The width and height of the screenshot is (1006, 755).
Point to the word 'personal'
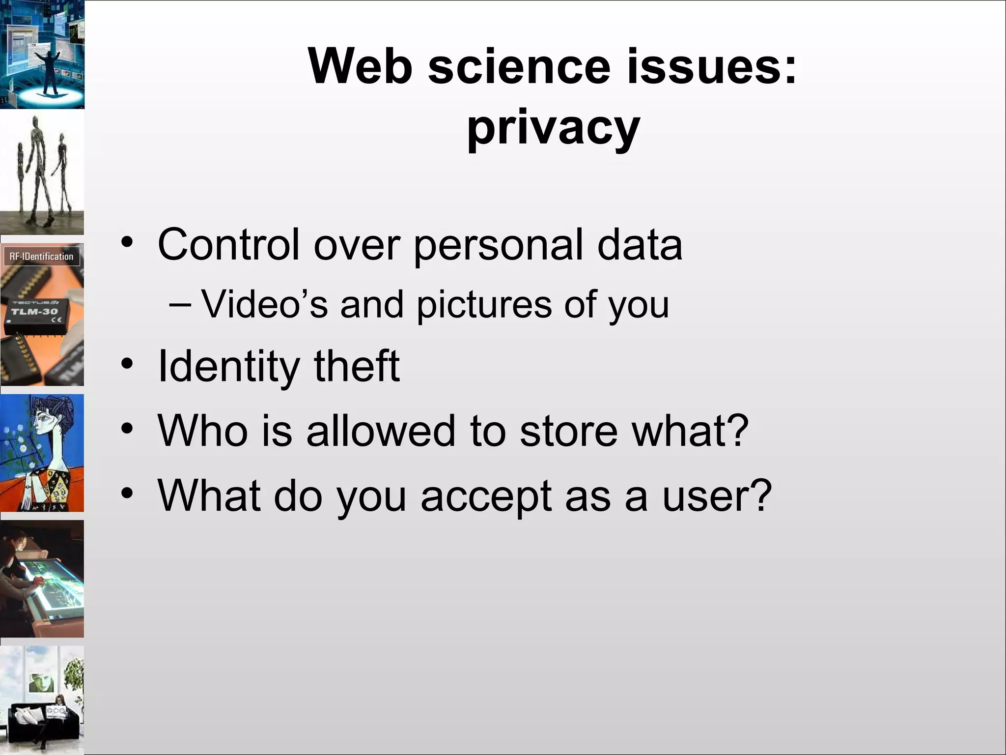[x=499, y=245]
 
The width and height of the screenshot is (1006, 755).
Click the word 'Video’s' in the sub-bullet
[x=264, y=304]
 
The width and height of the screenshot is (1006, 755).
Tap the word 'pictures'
[x=484, y=305]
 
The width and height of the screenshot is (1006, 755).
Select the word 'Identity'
[x=228, y=366]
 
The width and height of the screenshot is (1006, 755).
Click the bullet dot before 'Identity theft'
[x=127, y=364]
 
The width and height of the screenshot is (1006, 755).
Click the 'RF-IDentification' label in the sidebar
[x=42, y=256]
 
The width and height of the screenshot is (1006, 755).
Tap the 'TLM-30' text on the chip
[x=34, y=312]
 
